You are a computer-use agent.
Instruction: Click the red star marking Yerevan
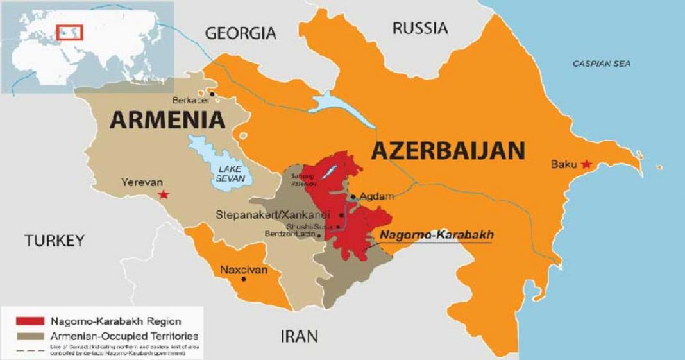click(x=165, y=194)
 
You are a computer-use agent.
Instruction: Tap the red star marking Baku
click(x=586, y=165)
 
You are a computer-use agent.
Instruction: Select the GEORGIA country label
click(x=241, y=33)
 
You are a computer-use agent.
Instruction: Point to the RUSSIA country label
click(x=420, y=28)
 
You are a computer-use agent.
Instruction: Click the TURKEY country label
click(x=55, y=241)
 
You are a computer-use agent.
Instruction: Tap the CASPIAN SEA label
click(x=601, y=64)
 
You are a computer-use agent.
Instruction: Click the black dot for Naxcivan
click(x=243, y=279)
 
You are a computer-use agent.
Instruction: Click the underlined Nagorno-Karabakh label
click(x=436, y=236)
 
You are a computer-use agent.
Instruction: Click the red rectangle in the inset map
click(x=67, y=31)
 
